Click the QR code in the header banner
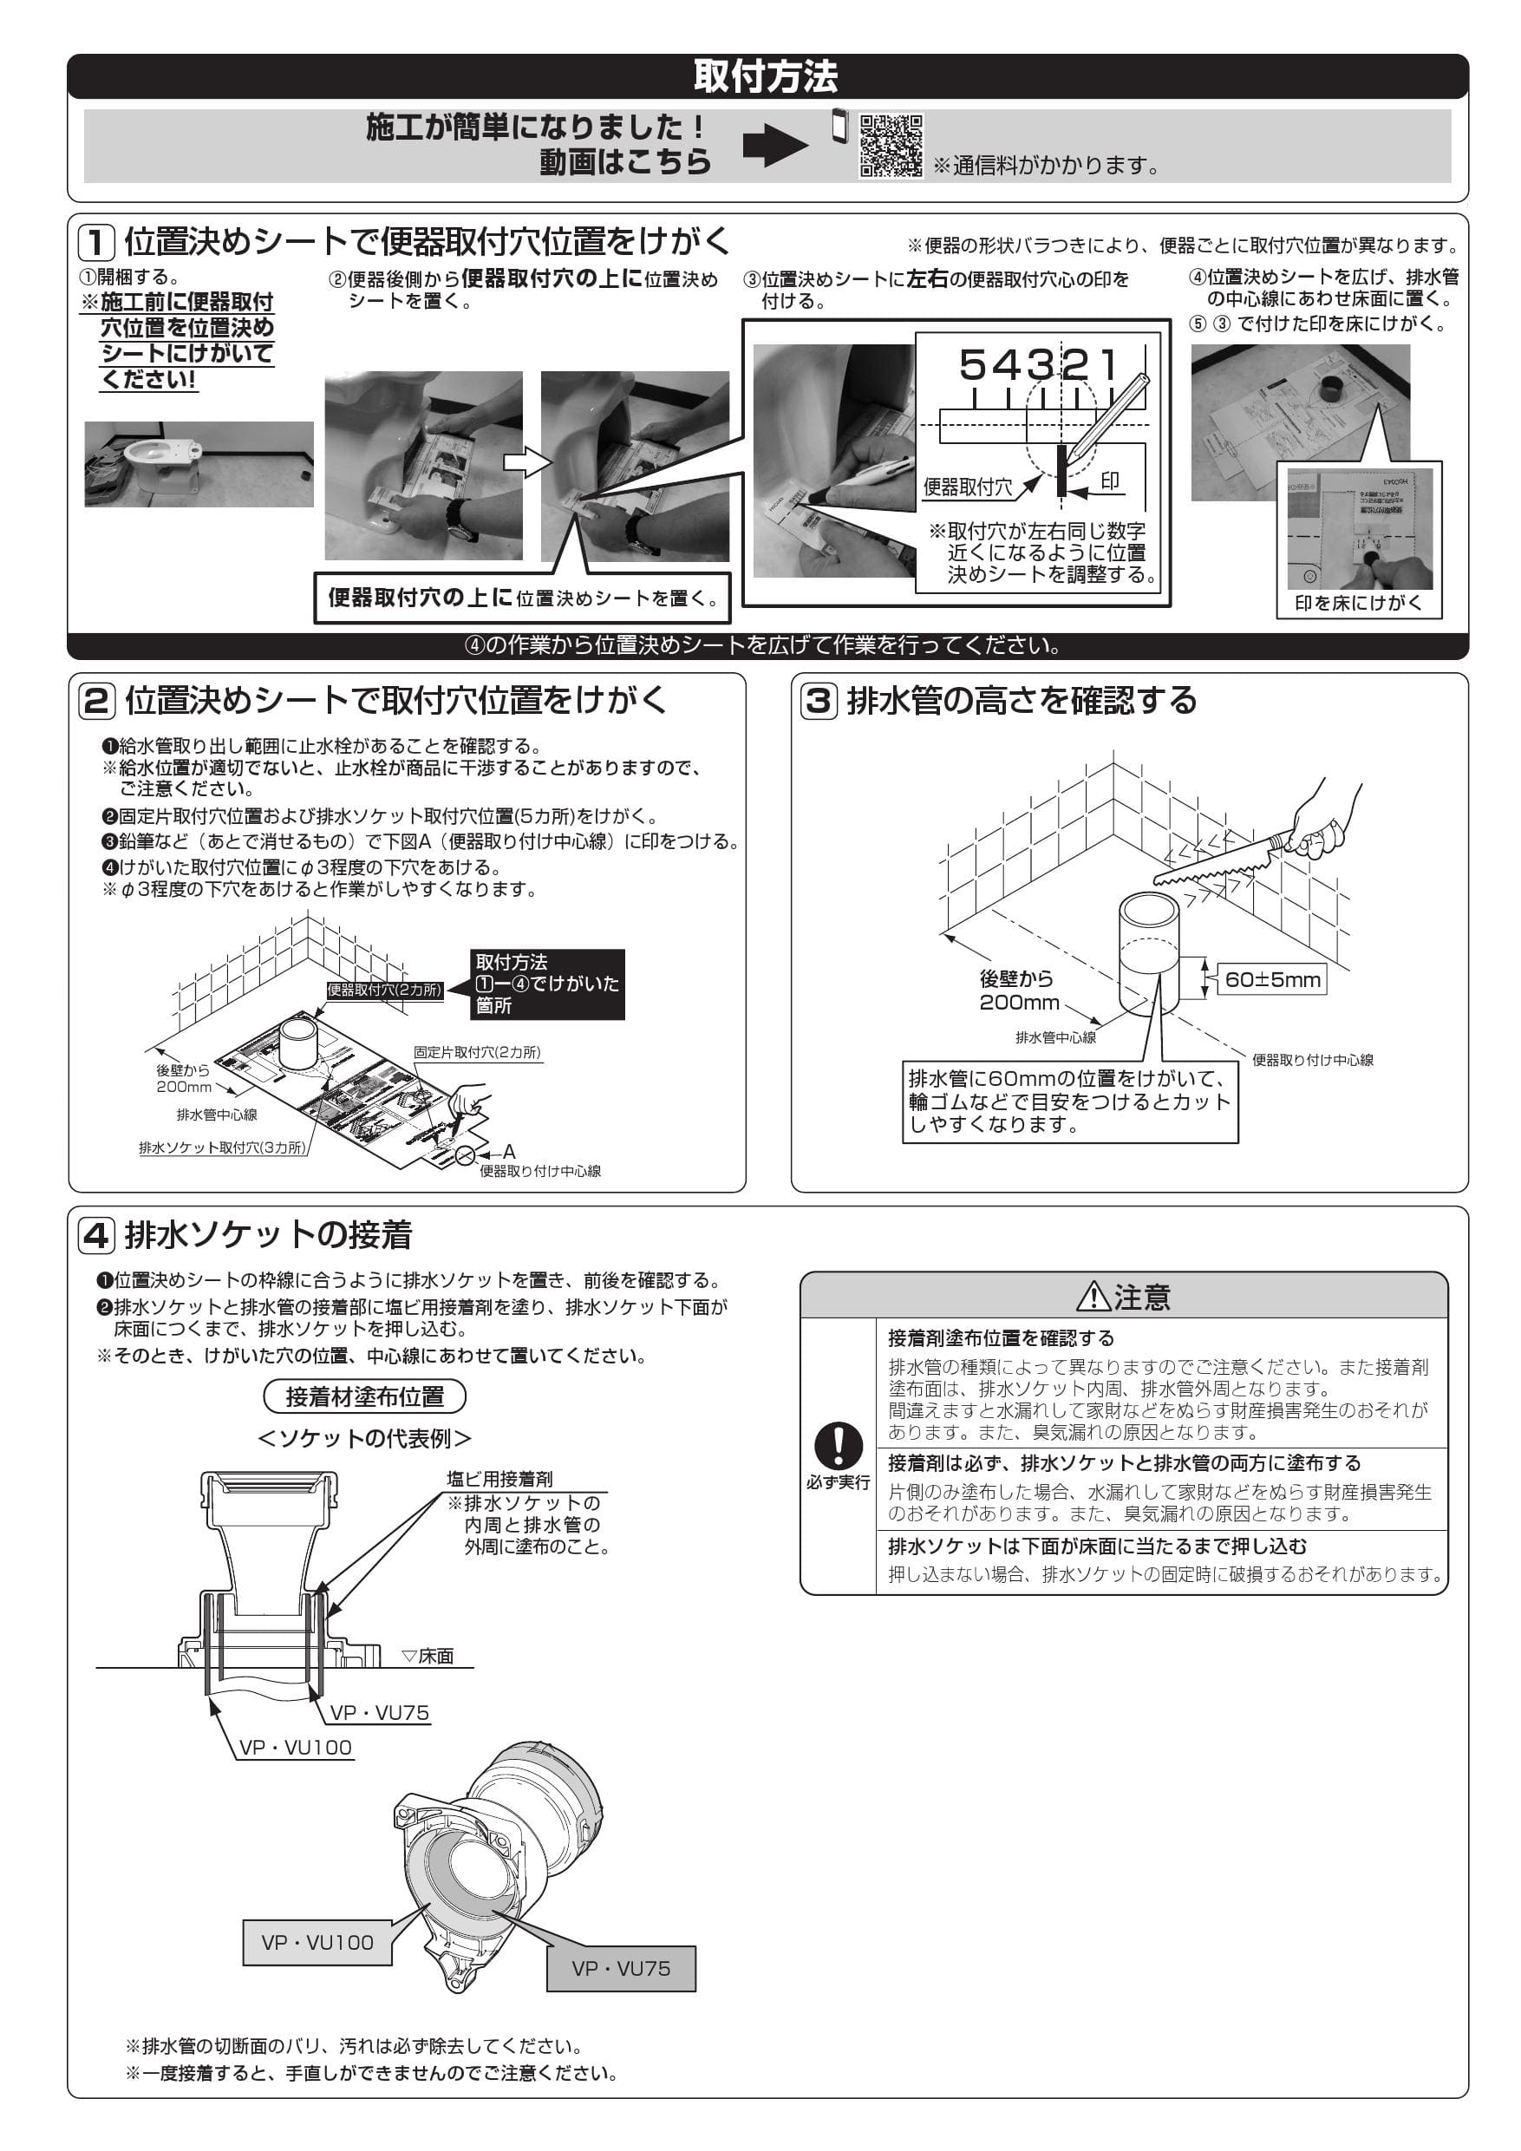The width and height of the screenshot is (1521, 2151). click(x=891, y=145)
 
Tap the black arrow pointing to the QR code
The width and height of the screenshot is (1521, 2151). click(x=774, y=145)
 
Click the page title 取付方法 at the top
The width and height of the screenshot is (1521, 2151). click(x=765, y=75)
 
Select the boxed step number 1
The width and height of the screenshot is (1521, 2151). click(x=95, y=243)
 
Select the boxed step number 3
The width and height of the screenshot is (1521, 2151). click(x=819, y=701)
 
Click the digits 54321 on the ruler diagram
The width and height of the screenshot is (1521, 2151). click(x=1038, y=364)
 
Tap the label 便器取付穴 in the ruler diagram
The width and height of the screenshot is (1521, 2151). click(x=968, y=487)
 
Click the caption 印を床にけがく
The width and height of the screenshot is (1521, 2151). click(x=1358, y=604)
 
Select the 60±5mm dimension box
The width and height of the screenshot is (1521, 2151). click(x=1273, y=980)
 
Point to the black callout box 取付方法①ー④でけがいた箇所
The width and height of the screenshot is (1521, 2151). click(x=547, y=984)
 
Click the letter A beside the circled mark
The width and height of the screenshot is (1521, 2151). click(x=508, y=1151)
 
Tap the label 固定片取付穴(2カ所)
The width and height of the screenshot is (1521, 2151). click(x=477, y=1052)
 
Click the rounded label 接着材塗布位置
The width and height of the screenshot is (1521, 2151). click(x=364, y=1396)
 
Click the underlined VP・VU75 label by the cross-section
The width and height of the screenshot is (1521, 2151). click(x=379, y=1712)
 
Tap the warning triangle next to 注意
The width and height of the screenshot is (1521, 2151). click(x=1093, y=1297)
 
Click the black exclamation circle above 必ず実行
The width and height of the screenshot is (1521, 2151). click(x=838, y=1446)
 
